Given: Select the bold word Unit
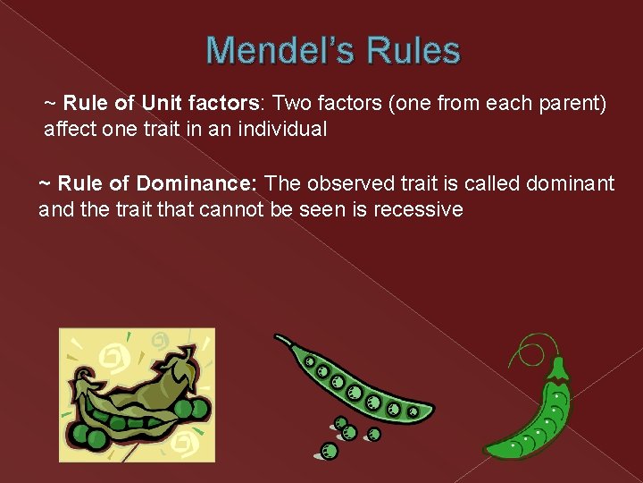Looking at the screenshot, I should tap(163, 105).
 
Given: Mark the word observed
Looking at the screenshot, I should tap(350, 184).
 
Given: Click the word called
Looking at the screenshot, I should tap(489, 184).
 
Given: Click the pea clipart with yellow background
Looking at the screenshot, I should tap(137, 394).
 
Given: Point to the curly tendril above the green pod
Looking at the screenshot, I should tap(534, 347).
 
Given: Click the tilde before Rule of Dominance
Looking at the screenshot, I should tap(46, 184).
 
